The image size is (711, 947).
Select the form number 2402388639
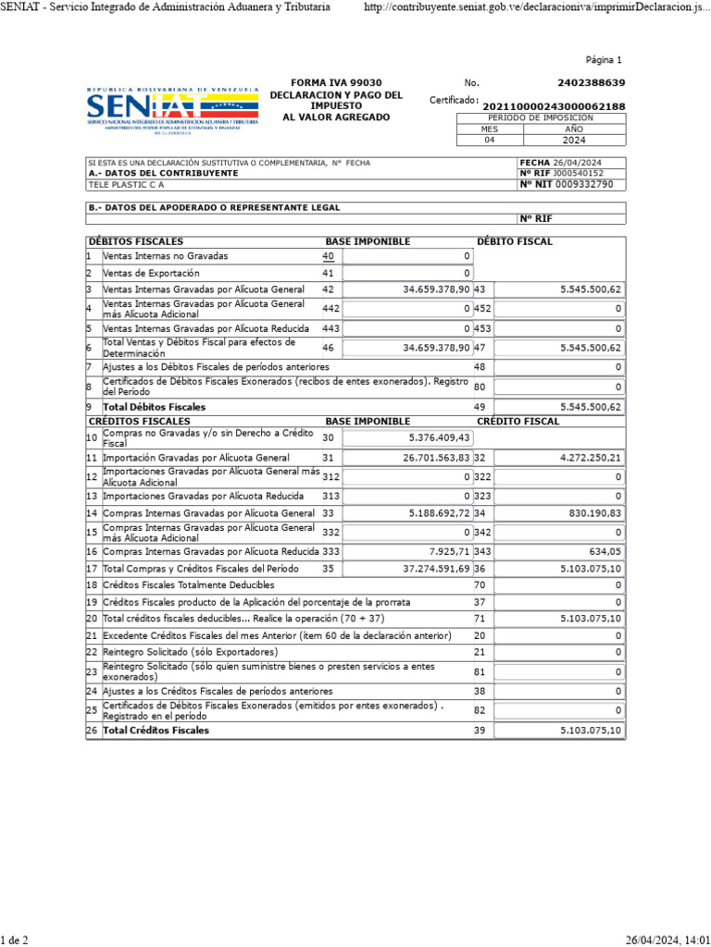click(x=592, y=83)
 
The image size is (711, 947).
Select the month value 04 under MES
click(x=490, y=141)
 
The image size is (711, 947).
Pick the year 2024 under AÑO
click(x=574, y=141)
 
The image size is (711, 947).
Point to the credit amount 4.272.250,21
click(x=590, y=458)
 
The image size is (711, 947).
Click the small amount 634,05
click(x=606, y=550)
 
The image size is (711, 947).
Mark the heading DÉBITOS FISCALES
click(x=129, y=241)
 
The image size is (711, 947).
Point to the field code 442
click(x=331, y=308)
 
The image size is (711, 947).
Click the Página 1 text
click(x=605, y=60)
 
